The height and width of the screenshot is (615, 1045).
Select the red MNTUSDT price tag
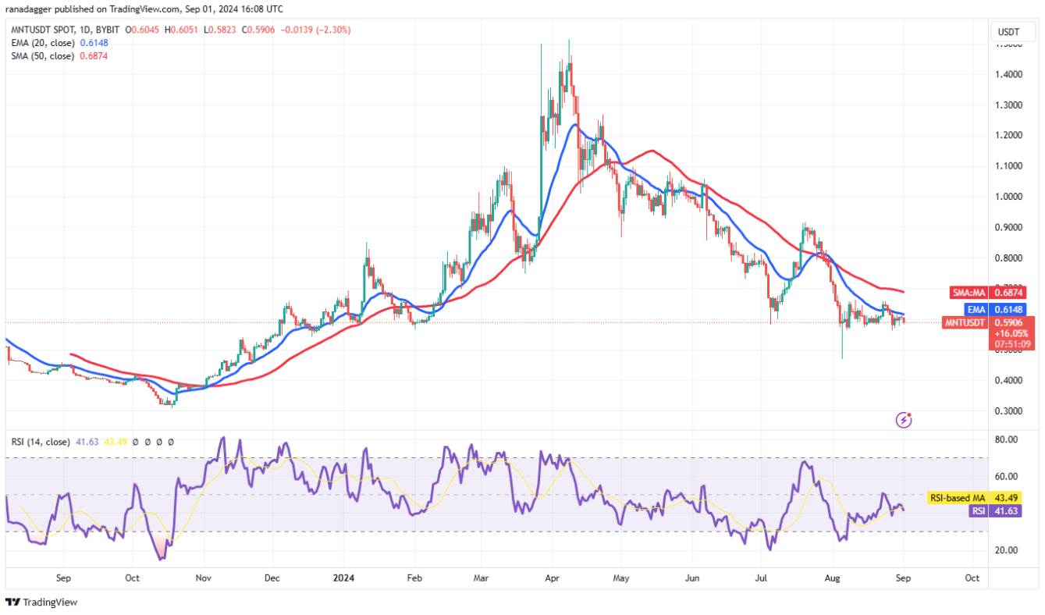pyautogui.click(x=967, y=322)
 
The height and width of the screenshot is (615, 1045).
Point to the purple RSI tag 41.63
pyautogui.click(x=985, y=510)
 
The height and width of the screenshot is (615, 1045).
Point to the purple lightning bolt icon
pyautogui.click(x=904, y=421)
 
